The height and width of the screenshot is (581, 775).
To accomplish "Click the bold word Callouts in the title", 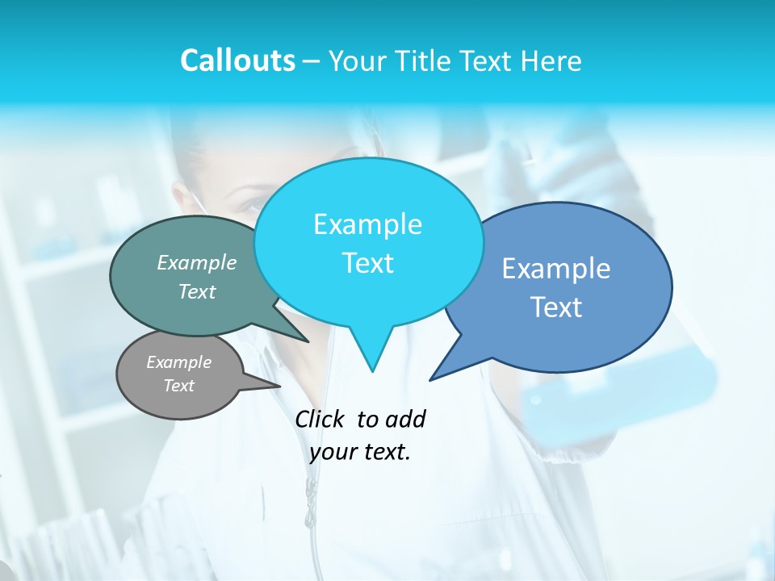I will (237, 61).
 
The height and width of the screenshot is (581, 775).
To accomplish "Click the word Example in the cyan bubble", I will (367, 224).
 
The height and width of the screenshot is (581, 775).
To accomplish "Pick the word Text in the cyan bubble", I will (367, 263).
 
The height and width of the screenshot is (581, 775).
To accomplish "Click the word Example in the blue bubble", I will (556, 269).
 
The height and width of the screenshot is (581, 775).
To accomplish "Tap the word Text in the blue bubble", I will (556, 307).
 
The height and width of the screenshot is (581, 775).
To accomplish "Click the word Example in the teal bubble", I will (197, 263).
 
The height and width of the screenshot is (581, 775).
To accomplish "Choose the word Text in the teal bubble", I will (197, 292).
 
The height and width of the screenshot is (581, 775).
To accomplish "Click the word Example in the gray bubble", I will (178, 362).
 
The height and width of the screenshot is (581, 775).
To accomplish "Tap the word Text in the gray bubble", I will (178, 386).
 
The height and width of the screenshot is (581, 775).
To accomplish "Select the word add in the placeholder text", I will (405, 419).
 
